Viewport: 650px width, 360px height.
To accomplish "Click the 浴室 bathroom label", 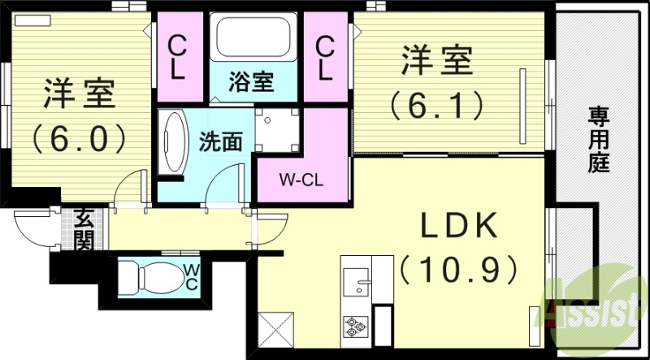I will [x=250, y=82].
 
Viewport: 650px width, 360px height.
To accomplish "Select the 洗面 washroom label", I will [x=220, y=141].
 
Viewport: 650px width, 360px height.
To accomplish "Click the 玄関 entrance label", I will [x=84, y=228].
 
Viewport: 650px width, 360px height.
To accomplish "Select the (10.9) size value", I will [x=459, y=266].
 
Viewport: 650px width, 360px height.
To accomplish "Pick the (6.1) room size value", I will [x=436, y=103].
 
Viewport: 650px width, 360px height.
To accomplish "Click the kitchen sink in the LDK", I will [x=357, y=285].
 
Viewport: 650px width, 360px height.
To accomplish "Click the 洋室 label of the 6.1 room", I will [x=435, y=62].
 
